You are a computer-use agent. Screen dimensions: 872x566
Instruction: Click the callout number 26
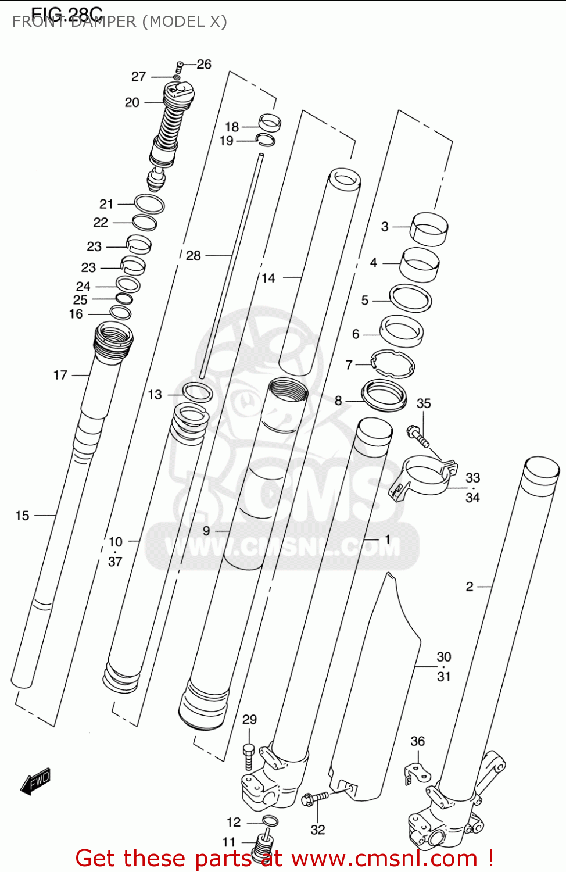(x=204, y=64)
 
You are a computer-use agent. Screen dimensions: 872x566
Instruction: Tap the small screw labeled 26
(x=180, y=67)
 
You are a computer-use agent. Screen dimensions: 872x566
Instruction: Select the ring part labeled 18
(x=270, y=122)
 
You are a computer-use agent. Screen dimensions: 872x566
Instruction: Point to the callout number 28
(x=193, y=255)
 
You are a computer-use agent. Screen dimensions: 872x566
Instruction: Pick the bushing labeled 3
(x=429, y=228)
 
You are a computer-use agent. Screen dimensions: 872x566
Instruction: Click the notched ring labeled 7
(x=393, y=364)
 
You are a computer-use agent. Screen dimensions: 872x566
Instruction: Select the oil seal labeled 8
(x=384, y=395)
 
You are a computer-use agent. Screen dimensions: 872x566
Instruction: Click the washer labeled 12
(x=270, y=821)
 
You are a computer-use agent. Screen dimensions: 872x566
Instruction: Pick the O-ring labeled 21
(x=149, y=204)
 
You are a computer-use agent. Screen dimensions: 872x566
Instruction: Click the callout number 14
(x=268, y=278)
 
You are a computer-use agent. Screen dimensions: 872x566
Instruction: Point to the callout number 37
(x=115, y=562)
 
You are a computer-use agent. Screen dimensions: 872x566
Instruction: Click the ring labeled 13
(x=198, y=392)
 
